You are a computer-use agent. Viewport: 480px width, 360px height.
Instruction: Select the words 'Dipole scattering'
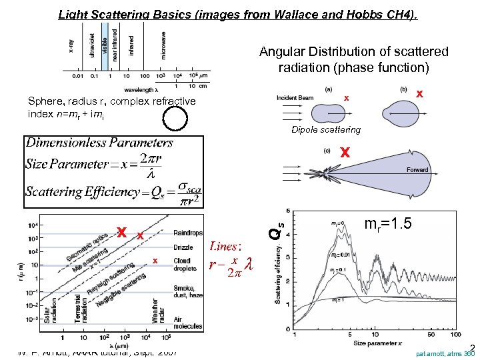click(x=325, y=129)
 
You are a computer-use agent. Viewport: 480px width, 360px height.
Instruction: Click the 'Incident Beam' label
click(x=295, y=98)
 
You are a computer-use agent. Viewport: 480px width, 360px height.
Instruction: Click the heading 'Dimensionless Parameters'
click(x=99, y=142)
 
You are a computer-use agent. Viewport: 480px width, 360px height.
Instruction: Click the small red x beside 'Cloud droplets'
click(x=154, y=260)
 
